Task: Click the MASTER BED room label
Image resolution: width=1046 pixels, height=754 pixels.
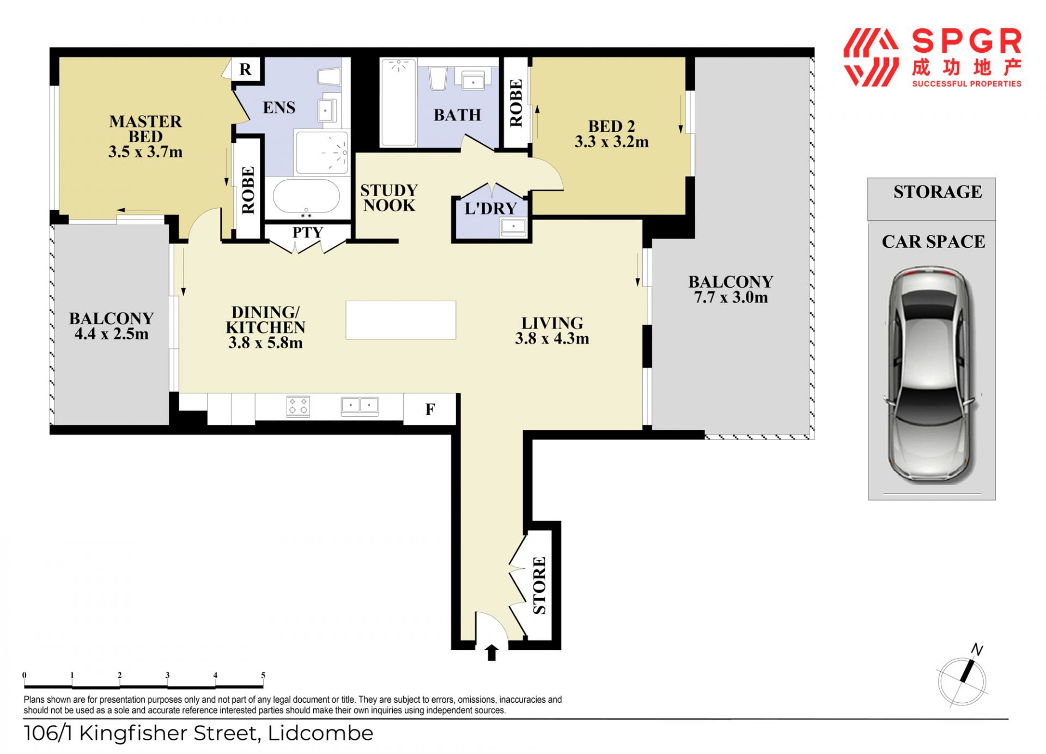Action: pos(145,129)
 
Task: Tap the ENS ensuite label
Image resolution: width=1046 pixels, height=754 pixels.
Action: pos(279,107)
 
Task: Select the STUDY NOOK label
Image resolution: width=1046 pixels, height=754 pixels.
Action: pos(389,198)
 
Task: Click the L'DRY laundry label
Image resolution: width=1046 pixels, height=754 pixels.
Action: pos(490,208)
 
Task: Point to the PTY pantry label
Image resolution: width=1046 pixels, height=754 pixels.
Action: pos(308,232)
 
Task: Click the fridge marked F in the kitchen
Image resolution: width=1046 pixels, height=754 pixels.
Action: pos(430,409)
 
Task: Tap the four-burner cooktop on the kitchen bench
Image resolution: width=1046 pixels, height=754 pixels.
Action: pos(298,406)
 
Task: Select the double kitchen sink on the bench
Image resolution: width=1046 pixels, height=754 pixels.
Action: pos(360,406)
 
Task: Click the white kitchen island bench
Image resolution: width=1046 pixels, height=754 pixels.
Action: pos(401,320)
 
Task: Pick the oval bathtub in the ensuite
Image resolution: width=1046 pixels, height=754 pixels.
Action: pos(306,196)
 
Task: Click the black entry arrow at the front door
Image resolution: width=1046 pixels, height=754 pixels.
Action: pos(491,653)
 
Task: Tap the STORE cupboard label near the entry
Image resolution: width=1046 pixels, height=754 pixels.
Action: pos(539,585)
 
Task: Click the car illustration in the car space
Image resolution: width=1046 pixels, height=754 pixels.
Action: pos(932,375)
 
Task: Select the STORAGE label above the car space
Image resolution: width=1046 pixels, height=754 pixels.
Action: pos(938,192)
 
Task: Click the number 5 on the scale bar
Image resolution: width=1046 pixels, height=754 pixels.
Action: pos(263,675)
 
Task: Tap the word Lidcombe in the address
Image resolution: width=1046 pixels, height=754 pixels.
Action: pos(321,733)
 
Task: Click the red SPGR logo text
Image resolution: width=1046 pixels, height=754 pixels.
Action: pos(966,41)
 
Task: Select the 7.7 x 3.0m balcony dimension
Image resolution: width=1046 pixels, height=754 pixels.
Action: pos(731,297)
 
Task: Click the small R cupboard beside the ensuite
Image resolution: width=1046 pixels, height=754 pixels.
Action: pos(246,69)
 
